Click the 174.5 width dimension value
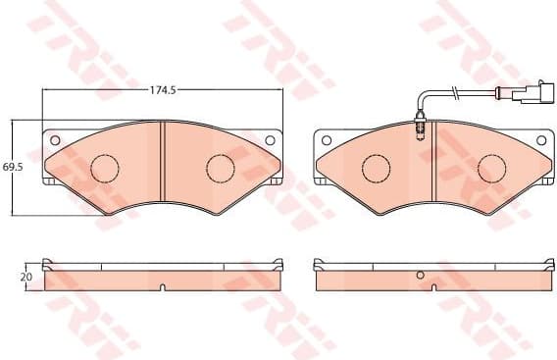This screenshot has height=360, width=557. tap(162, 90)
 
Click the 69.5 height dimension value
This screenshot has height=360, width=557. tap(13, 168)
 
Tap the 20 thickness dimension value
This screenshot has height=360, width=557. tap(26, 278)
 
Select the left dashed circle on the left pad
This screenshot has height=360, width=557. tap(104, 169)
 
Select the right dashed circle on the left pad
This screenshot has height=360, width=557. tap(220, 168)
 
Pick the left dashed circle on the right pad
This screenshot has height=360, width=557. tap(375, 169)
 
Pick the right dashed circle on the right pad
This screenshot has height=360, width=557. tap(490, 169)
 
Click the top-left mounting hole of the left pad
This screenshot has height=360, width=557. tap(54, 138)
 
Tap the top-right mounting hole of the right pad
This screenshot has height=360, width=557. tap(540, 138)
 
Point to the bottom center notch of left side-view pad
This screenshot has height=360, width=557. tap(162, 288)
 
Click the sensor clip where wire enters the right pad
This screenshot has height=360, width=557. tap(420, 125)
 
